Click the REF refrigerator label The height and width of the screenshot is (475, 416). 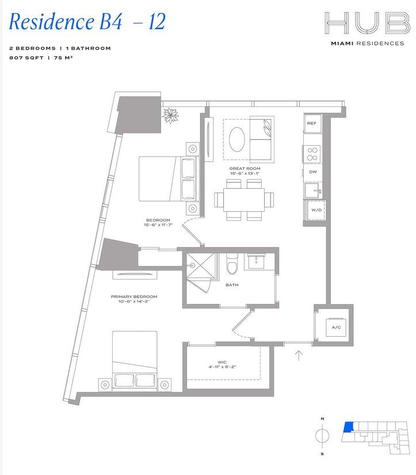tap(311, 123)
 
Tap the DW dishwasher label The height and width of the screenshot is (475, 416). tap(312, 172)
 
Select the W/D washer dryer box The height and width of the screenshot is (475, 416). tap(316, 210)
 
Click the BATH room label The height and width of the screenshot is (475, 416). tap(232, 284)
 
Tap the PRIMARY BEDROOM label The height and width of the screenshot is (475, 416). tap(134, 297)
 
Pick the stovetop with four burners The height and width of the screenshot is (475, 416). tap(312, 154)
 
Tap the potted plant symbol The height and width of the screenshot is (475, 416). tap(171, 116)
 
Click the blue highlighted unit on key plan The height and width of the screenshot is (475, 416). tap(347, 427)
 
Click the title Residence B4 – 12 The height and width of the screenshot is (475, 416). tap(87, 22)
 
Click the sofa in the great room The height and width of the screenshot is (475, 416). tap(262, 138)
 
